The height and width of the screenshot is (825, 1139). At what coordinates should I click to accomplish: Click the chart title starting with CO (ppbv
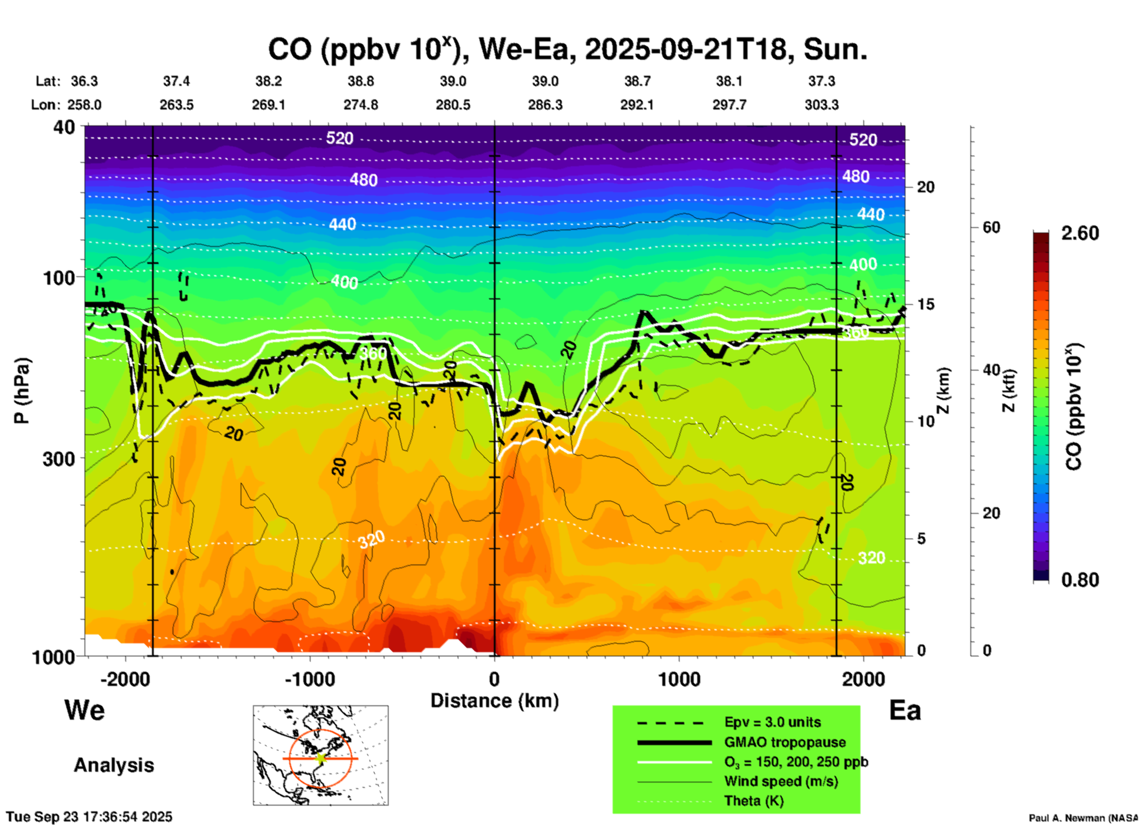click(567, 49)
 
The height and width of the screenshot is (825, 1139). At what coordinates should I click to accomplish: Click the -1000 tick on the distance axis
click(309, 679)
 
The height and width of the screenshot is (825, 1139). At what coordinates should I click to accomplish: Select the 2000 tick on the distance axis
click(863, 679)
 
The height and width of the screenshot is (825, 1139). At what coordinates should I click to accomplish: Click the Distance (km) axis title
click(494, 701)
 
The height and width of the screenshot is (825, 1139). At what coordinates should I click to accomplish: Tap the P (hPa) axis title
click(22, 390)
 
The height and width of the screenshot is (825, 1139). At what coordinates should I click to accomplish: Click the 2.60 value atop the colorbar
click(1080, 233)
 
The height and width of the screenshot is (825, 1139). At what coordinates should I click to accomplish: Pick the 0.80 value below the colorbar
click(1080, 579)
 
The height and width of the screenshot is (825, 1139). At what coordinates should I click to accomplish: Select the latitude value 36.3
click(84, 81)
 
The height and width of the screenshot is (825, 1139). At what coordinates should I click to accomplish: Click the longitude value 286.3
click(545, 105)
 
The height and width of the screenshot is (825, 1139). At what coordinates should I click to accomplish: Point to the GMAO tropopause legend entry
click(785, 742)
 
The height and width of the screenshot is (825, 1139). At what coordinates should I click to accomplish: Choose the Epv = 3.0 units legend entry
click(772, 722)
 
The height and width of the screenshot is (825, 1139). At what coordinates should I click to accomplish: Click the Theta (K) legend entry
click(753, 801)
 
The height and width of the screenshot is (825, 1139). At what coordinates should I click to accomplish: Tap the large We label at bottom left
click(85, 710)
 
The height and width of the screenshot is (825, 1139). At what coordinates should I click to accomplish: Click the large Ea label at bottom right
click(905, 710)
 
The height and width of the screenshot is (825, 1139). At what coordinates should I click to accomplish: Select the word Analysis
click(114, 765)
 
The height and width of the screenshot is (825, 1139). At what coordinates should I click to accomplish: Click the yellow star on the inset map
click(321, 758)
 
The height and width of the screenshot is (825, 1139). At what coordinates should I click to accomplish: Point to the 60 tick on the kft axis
click(991, 227)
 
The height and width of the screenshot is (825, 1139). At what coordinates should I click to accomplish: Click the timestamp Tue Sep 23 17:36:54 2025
click(89, 817)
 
